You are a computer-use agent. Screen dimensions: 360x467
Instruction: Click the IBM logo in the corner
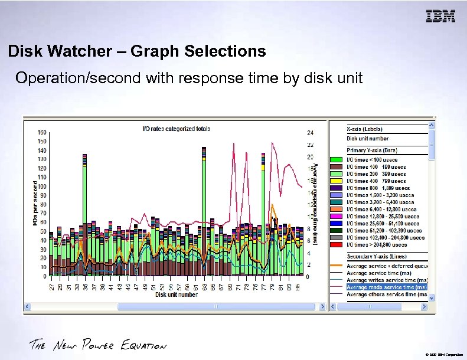(x=440, y=17)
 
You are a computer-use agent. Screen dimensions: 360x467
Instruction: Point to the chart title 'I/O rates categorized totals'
(x=177, y=128)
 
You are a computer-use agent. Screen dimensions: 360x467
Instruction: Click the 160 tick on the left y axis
(x=42, y=132)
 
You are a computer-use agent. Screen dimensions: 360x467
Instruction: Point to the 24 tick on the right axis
(x=310, y=133)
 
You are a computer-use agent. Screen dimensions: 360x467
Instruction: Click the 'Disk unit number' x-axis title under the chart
(x=177, y=294)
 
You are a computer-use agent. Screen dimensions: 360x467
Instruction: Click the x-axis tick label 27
(x=52, y=287)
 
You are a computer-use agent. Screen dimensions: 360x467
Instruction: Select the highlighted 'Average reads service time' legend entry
(x=386, y=287)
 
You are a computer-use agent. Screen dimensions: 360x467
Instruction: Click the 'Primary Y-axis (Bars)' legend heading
(x=371, y=150)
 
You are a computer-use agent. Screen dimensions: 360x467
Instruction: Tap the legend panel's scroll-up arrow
(x=432, y=126)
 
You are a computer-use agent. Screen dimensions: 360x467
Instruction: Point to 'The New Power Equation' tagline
(x=98, y=345)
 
